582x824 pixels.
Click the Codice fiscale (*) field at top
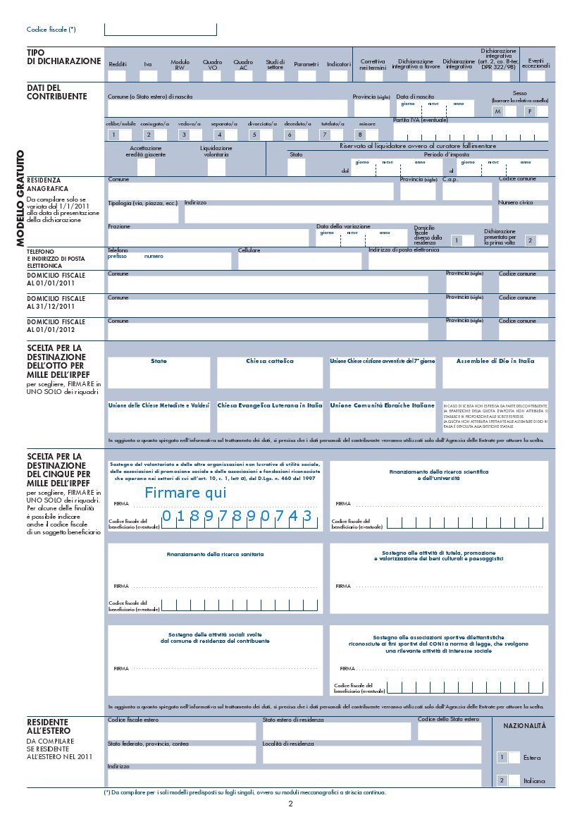coord(160,30)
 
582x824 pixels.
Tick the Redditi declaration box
coord(117,75)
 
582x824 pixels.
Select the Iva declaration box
coord(148,75)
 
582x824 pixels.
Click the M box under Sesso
coord(498,111)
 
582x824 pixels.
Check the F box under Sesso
coord(530,111)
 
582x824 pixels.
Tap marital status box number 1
coord(113,135)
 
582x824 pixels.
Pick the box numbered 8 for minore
coord(361,135)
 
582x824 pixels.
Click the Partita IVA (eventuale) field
coord(471,132)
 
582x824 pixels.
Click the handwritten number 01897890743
coord(237,517)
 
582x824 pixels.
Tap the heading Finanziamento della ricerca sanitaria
coord(215,555)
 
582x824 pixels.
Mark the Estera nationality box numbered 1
coord(502,757)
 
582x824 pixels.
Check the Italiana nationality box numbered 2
coord(502,780)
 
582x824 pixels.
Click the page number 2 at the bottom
coord(290,804)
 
